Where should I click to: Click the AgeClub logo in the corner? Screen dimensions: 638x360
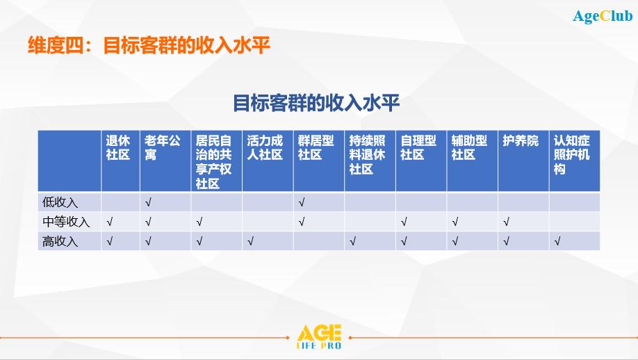click(603, 16)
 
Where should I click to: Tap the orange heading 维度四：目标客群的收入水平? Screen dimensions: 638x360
click(149, 44)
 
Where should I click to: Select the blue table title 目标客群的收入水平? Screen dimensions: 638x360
click(316, 102)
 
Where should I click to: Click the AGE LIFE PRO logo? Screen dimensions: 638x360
click(319, 337)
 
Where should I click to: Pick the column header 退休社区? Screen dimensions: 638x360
click(118, 147)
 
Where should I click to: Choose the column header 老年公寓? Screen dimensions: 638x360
click(163, 147)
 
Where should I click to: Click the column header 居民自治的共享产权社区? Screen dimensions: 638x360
click(213, 162)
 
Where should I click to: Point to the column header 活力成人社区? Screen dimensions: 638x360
click(265, 147)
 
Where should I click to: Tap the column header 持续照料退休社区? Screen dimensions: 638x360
click(367, 155)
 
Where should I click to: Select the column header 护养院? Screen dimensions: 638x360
click(521, 141)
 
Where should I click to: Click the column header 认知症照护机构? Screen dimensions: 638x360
click(572, 155)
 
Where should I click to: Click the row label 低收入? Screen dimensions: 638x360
click(60, 202)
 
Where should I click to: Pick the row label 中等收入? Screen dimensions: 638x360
click(66, 222)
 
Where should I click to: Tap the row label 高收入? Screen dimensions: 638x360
click(60, 241)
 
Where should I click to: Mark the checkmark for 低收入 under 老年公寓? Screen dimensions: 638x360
click(148, 202)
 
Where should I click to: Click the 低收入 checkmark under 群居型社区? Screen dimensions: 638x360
click(302, 202)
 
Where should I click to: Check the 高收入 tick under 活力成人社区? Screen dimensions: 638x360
click(250, 241)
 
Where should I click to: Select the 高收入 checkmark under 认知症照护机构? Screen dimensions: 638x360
click(557, 241)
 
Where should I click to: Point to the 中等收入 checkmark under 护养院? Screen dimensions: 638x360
click(506, 222)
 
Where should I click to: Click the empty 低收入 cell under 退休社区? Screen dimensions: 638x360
click(120, 202)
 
